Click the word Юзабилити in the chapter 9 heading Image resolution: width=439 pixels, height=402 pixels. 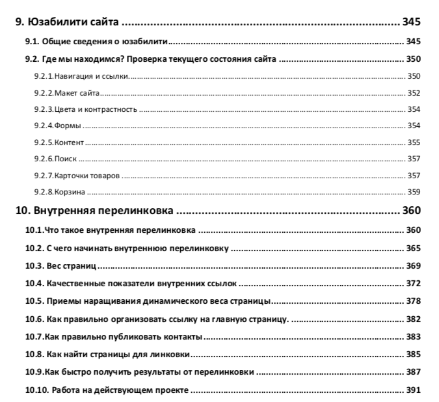(56, 22)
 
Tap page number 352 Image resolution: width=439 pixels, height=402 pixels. (414, 93)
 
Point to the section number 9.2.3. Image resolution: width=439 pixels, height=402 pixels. (44, 109)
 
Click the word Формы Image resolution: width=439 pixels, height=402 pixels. (67, 126)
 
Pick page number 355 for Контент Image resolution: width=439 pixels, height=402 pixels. (414, 142)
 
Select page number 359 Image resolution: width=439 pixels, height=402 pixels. (414, 192)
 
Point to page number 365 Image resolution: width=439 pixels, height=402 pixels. (413, 248)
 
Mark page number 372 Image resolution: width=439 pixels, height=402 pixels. (413, 284)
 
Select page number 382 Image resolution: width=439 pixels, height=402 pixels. (413, 319)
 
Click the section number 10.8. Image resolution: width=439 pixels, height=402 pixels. (34, 355)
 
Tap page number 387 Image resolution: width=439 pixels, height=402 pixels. (413, 372)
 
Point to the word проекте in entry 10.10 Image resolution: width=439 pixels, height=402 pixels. (170, 390)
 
